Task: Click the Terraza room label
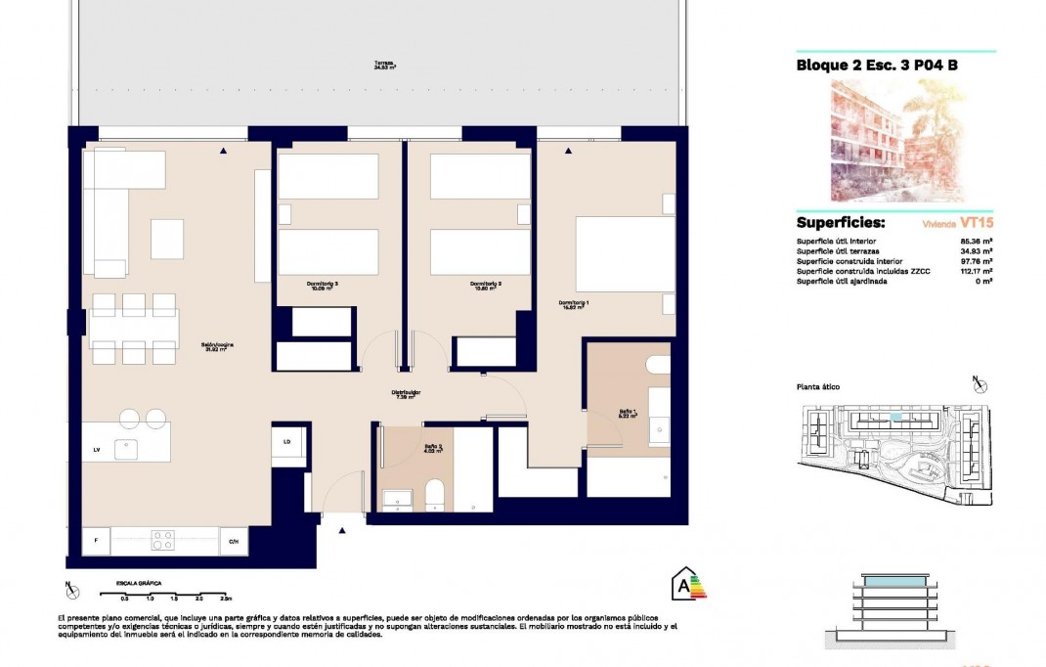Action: click(383, 67)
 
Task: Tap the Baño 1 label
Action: click(628, 414)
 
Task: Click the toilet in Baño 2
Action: click(436, 495)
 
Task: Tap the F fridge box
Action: click(96, 540)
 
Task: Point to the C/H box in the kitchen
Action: click(233, 540)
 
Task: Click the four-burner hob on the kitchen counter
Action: click(162, 540)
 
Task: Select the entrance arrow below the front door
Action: click(342, 530)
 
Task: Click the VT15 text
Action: click(978, 223)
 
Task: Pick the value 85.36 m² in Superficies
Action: click(977, 241)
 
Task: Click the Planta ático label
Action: click(817, 387)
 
